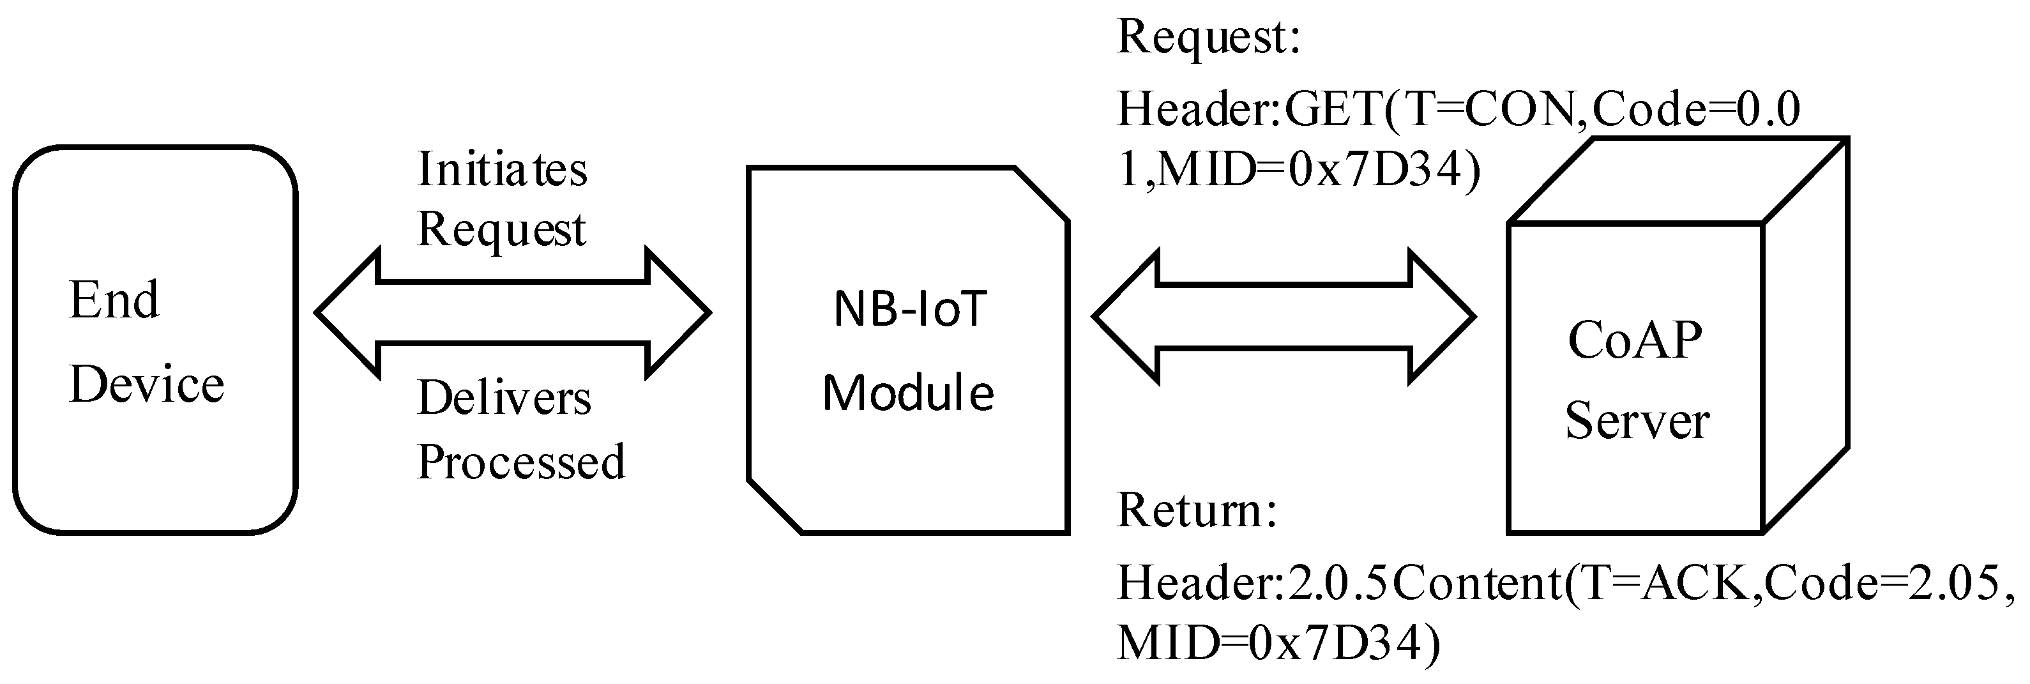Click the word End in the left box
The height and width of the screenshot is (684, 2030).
point(114,300)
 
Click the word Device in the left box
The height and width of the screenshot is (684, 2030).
point(148,384)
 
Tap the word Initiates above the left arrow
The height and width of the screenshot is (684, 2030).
point(502,169)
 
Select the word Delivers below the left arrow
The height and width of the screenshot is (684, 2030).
point(504,398)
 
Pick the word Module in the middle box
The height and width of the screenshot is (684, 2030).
point(908,392)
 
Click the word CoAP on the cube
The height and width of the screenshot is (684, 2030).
point(1634,340)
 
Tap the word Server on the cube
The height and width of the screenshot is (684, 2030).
point(1637,421)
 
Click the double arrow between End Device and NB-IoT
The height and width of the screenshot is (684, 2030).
point(513,313)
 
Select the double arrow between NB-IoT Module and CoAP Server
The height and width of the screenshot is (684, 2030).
point(1283,317)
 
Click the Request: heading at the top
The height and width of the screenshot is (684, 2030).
point(1208,38)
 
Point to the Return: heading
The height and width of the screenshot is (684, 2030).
point(1196,511)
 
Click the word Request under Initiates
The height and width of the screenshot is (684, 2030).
point(501,230)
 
